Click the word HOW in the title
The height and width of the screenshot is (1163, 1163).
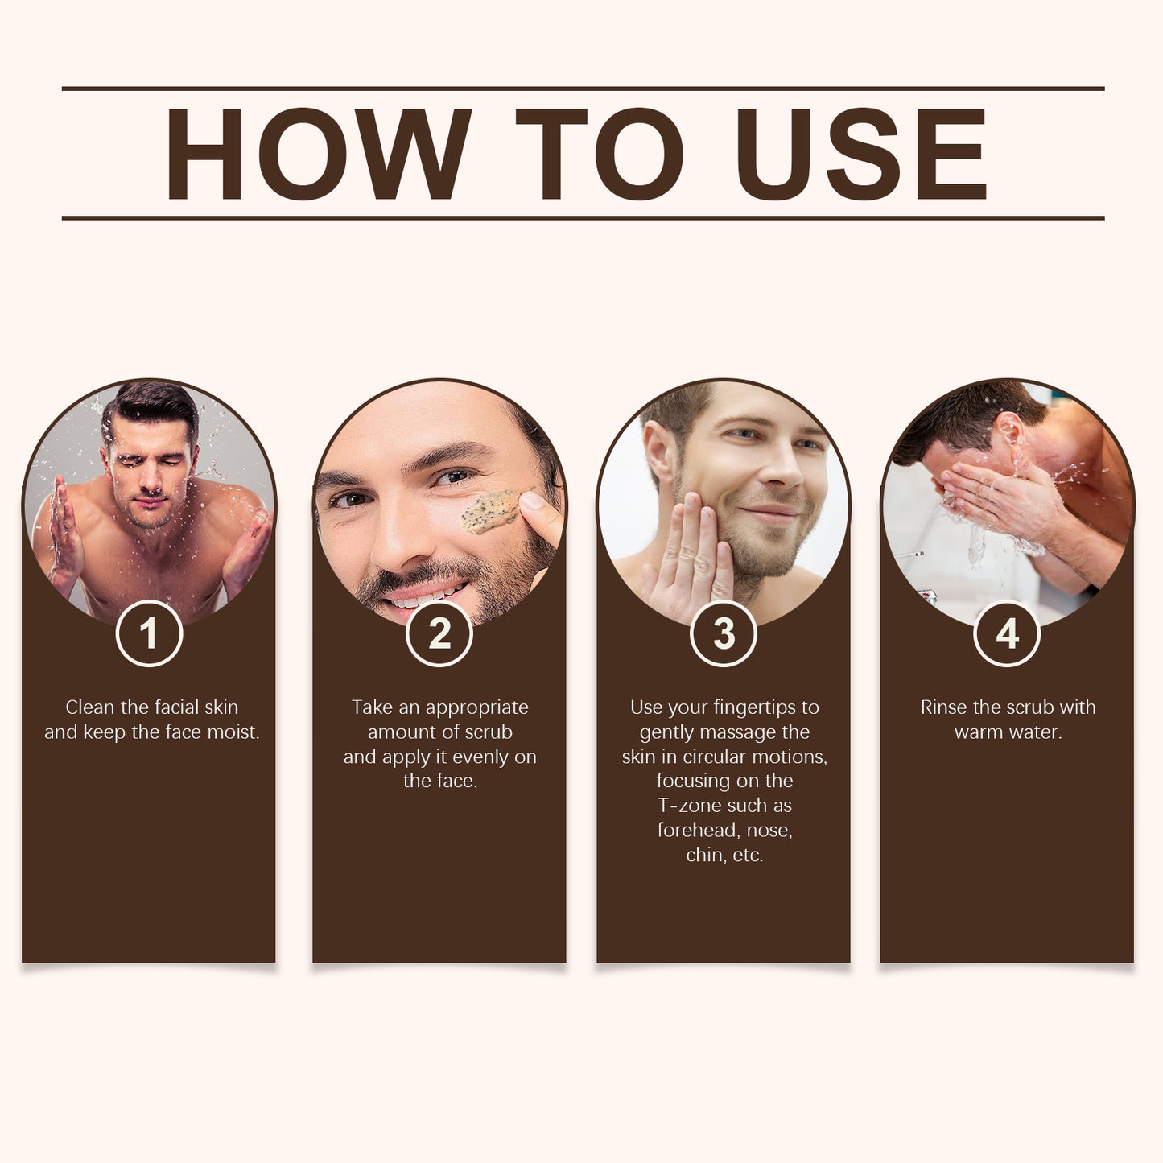pos(317,154)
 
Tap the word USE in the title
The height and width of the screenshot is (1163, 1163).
pos(860,154)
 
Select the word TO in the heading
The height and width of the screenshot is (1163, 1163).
pos(600,154)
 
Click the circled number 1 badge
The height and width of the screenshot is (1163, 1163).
pos(149,634)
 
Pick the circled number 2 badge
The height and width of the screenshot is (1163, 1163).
pos(439,634)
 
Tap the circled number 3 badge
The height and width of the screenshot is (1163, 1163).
pos(724,634)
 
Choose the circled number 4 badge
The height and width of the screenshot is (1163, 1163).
pos(1007,634)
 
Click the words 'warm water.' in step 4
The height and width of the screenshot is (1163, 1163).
pos(1008,732)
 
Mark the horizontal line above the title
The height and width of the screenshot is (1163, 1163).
pos(583,89)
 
